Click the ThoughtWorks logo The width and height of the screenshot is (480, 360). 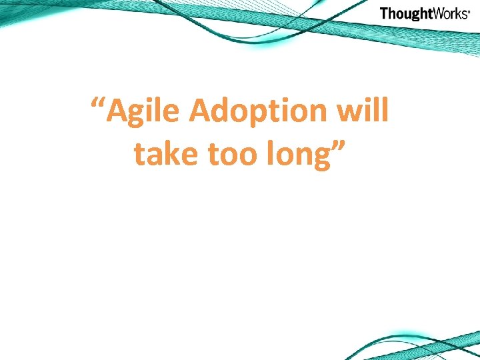[425, 13]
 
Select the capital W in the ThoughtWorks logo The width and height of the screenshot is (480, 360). [434, 13]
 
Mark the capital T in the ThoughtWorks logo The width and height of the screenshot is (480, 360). [384, 13]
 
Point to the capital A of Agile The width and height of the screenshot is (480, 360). [119, 111]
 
